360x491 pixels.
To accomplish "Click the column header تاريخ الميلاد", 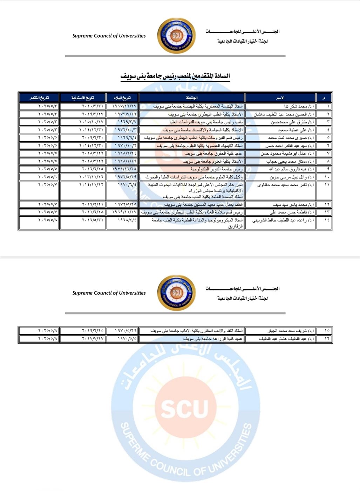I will tap(122, 98).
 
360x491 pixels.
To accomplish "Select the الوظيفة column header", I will tap(192, 98).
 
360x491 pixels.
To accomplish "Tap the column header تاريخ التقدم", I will tap(39, 98).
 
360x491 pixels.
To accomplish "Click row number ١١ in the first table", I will tap(327, 184).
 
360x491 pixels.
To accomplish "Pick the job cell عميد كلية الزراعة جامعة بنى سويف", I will tap(212, 339).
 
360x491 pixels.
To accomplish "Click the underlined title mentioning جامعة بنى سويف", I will tap(175, 76).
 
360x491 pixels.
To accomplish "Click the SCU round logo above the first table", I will tap(176, 36).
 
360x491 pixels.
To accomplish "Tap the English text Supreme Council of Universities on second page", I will tap(109, 293).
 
